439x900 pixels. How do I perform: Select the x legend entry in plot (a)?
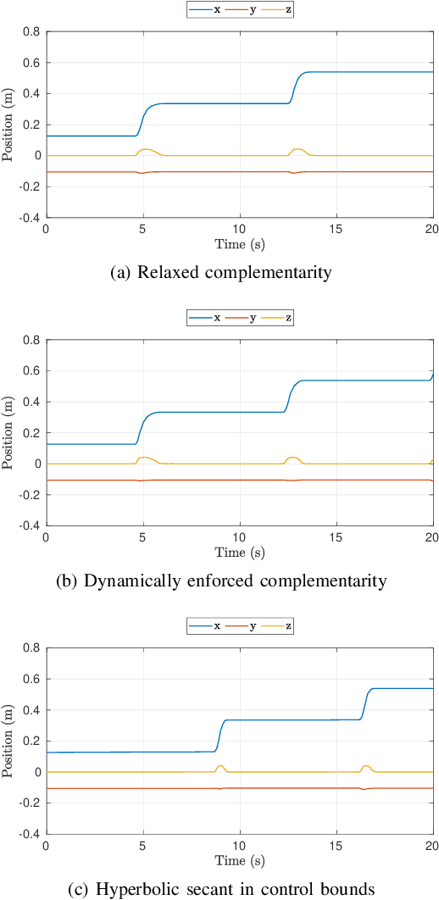205,9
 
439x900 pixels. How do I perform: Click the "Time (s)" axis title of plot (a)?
239,243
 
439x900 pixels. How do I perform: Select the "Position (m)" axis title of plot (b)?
9,432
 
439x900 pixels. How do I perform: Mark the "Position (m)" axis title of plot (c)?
9,741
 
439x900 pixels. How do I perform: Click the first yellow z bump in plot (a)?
146,150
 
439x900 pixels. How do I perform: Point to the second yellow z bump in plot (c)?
366,766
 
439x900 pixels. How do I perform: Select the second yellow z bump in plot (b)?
293,458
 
